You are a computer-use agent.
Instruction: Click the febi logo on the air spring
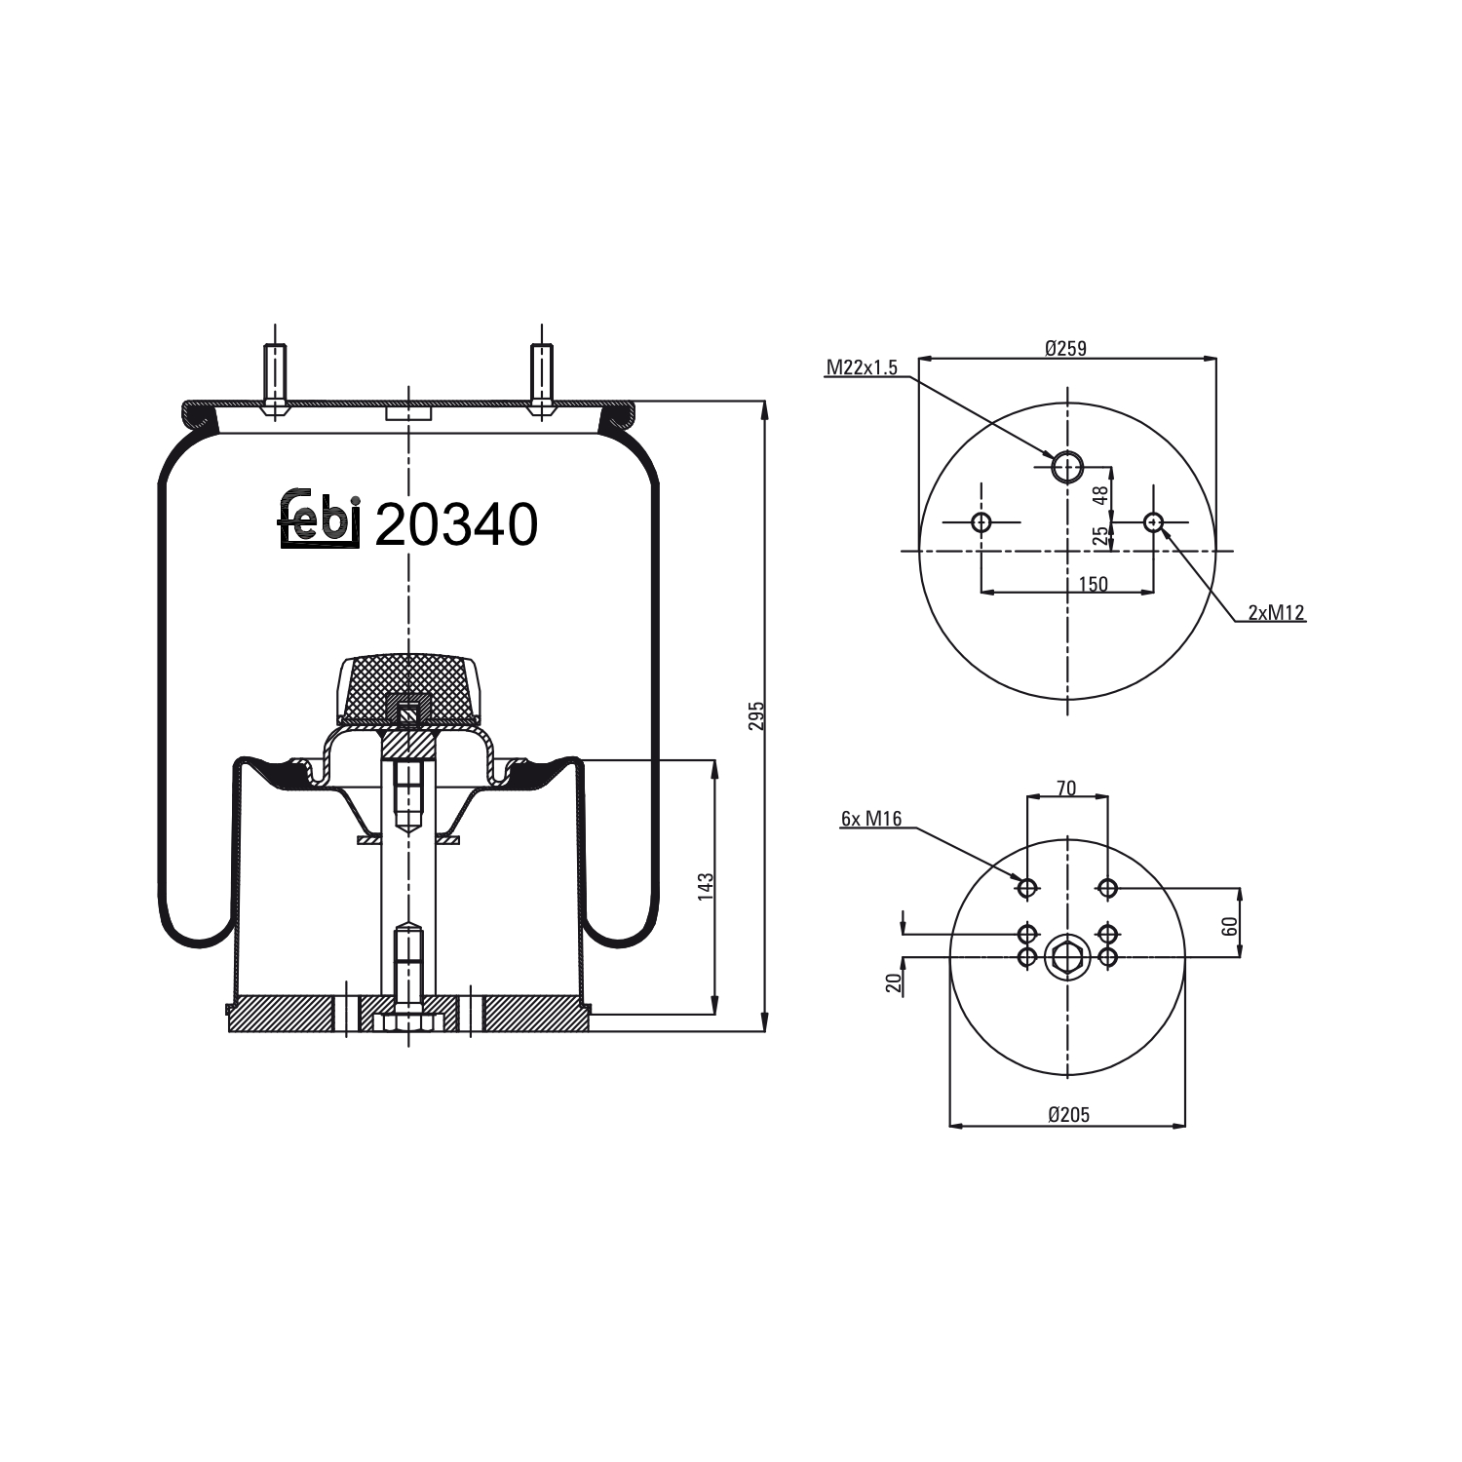point(321,519)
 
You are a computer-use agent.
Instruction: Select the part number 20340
point(456,526)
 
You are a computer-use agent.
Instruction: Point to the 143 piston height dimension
point(707,886)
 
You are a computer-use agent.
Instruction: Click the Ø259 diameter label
point(1065,348)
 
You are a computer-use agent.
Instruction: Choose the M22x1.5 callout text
point(862,367)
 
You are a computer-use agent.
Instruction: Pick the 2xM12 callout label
point(1276,612)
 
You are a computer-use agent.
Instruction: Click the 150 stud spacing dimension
point(1093,584)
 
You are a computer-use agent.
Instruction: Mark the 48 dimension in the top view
point(1100,495)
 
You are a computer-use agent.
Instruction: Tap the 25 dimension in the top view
point(1100,535)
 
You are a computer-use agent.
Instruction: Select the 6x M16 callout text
point(871,819)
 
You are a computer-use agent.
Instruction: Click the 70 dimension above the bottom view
point(1066,788)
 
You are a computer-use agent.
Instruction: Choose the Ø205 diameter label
point(1068,1115)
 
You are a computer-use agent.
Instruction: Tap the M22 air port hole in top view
point(1067,467)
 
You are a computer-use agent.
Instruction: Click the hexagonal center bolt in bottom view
point(1067,957)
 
